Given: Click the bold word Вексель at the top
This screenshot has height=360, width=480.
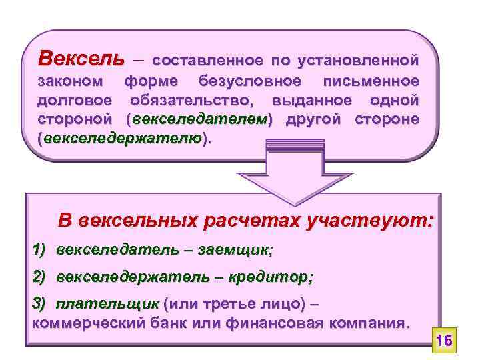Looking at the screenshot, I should pyautogui.click(x=81, y=59).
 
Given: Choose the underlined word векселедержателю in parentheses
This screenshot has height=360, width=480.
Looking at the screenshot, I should pyautogui.click(x=123, y=138).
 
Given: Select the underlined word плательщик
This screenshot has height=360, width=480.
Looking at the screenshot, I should pyautogui.click(x=107, y=304).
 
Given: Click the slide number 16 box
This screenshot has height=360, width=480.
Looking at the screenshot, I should pyautogui.click(x=444, y=341).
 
